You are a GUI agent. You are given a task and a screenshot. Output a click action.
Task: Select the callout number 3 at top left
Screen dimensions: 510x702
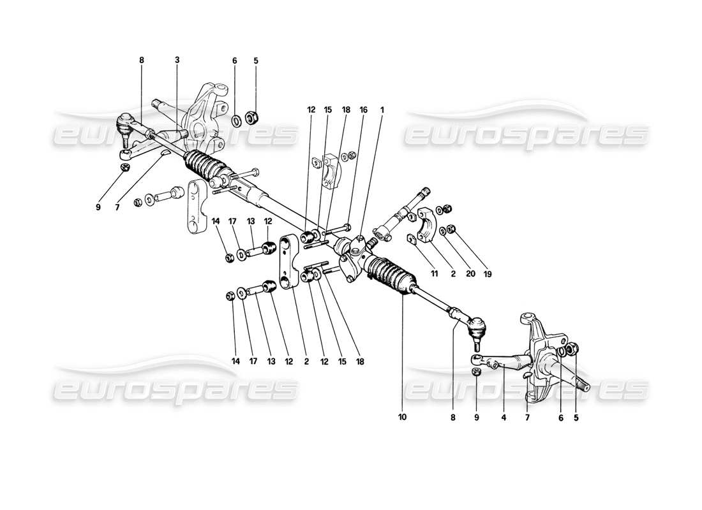[x=177, y=60]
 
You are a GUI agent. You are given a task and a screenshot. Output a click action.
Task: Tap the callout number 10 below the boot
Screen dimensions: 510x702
[x=403, y=418]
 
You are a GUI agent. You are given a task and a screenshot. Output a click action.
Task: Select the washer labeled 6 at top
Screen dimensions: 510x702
[x=235, y=119]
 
